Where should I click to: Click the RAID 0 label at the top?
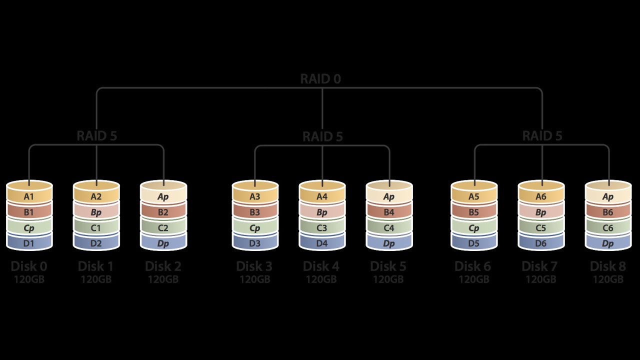click(x=320, y=79)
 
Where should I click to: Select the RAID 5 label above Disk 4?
click(x=322, y=136)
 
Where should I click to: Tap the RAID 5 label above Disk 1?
click(x=96, y=136)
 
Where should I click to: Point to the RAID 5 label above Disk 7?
click(x=542, y=136)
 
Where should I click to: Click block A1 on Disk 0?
click(x=29, y=196)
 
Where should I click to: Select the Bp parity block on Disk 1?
click(x=96, y=212)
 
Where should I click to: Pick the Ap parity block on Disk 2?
click(x=163, y=196)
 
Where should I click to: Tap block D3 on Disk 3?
click(x=255, y=243)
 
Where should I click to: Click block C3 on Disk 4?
click(x=322, y=228)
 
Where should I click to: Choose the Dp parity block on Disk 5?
click(x=389, y=243)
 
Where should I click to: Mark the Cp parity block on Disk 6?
click(x=474, y=228)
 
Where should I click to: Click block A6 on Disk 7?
click(x=541, y=196)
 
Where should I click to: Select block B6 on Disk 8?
click(x=608, y=212)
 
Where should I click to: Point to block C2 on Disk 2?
click(x=163, y=228)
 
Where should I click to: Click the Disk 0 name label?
click(x=29, y=266)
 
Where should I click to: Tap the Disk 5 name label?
click(x=388, y=266)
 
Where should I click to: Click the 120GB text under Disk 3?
click(x=255, y=279)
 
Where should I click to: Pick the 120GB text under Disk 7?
click(x=540, y=279)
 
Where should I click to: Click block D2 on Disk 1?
click(x=96, y=243)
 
